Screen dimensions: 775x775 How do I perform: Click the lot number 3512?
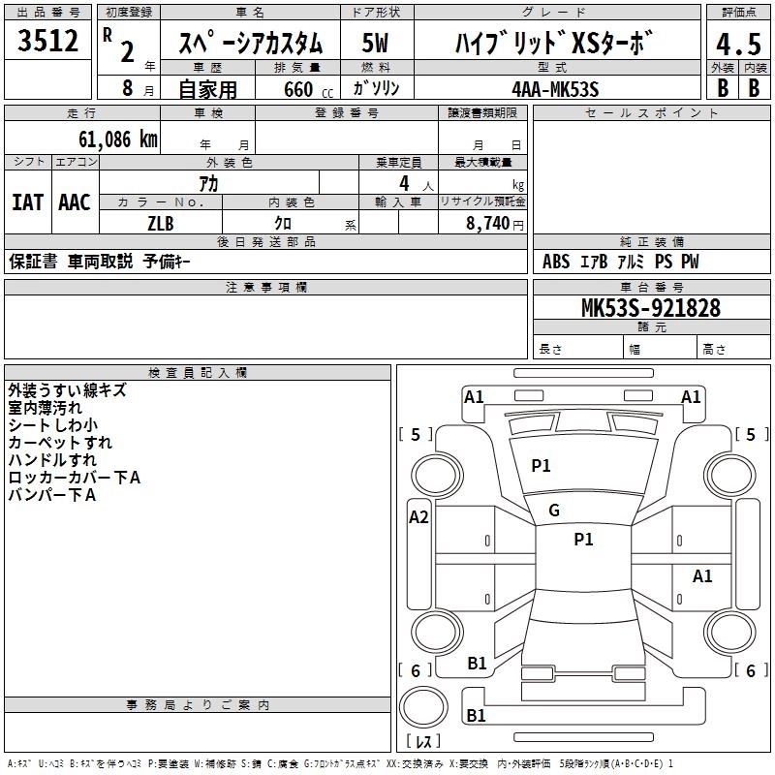(x=48, y=42)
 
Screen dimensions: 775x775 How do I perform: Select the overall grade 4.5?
(x=736, y=44)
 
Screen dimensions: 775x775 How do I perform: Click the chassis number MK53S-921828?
(x=651, y=308)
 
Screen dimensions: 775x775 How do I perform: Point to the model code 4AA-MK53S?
(x=555, y=88)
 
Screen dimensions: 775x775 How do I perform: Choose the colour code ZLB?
(x=161, y=223)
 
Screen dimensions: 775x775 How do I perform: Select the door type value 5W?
(x=375, y=44)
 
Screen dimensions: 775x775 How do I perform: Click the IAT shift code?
(x=27, y=201)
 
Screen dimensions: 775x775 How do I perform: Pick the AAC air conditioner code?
(x=74, y=201)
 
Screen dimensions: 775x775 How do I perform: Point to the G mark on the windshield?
(x=554, y=511)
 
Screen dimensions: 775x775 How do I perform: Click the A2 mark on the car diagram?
(x=418, y=517)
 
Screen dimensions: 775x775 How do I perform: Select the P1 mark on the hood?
(x=541, y=466)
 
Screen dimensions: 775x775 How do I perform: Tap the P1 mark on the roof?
(x=583, y=540)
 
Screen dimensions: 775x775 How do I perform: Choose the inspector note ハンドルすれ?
(x=52, y=460)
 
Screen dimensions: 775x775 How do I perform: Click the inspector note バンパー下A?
(x=52, y=495)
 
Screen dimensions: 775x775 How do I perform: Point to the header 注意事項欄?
(x=265, y=287)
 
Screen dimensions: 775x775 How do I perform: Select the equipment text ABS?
(x=555, y=262)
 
